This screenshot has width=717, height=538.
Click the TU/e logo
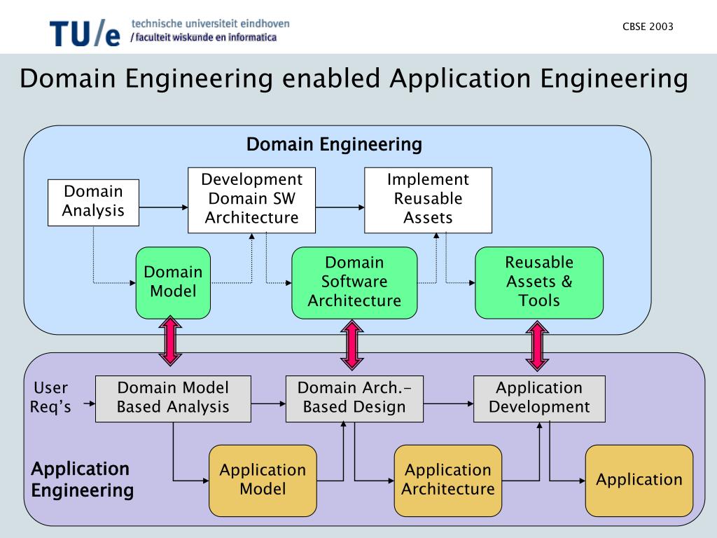(x=85, y=32)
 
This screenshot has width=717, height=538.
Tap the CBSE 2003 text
(x=648, y=27)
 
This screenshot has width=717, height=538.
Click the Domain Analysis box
(x=93, y=202)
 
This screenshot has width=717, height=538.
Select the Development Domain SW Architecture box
(x=251, y=200)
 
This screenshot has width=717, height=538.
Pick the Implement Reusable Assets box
(x=428, y=200)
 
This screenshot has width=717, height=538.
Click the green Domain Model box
(x=173, y=282)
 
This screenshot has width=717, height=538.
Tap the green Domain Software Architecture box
(x=354, y=282)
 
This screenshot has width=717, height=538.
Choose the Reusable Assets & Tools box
(x=539, y=282)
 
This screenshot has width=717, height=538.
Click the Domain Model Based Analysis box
(x=173, y=399)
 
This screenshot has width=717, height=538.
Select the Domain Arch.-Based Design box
(x=354, y=399)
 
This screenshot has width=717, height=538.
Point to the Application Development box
(x=539, y=399)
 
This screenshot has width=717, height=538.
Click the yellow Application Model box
(x=263, y=481)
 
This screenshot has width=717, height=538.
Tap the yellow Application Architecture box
(x=448, y=481)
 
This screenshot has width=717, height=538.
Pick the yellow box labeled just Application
(x=639, y=481)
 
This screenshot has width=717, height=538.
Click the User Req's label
(x=51, y=398)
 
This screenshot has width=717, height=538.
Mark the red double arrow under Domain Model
(x=170, y=340)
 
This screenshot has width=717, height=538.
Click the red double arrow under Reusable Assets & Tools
(x=537, y=345)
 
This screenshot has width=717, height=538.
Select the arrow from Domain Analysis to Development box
(x=164, y=207)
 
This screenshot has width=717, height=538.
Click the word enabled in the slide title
(x=331, y=78)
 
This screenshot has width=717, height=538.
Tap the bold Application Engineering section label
(x=82, y=480)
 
